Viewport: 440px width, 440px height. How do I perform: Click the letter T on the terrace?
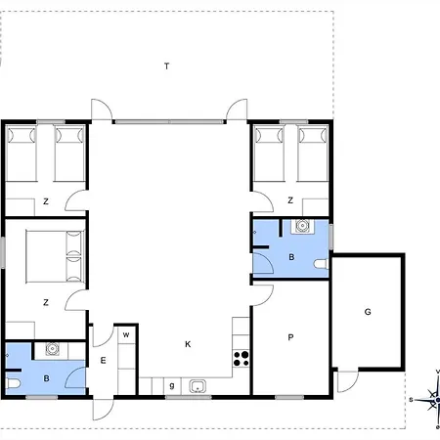point(166,66)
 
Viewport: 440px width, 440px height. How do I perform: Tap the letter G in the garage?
point(368,312)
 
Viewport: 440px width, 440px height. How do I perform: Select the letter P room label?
point(290,337)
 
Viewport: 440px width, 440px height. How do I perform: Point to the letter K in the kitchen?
point(188,344)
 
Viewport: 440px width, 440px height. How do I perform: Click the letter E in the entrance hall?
point(103,360)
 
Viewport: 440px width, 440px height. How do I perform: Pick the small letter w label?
point(126,334)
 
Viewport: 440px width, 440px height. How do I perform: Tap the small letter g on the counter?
point(172,386)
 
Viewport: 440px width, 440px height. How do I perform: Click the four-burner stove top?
point(242,359)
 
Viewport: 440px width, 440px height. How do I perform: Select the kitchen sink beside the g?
point(198,386)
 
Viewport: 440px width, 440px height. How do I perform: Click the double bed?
point(56,256)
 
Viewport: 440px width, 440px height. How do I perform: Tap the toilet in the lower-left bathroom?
point(14,383)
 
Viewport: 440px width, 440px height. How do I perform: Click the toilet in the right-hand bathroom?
point(322,264)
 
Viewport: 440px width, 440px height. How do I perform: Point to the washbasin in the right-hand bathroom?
point(303,226)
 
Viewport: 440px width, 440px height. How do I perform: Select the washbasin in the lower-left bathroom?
point(52,349)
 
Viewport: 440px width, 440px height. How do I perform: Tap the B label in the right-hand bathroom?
point(291,257)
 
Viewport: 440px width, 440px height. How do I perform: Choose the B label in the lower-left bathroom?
point(46,378)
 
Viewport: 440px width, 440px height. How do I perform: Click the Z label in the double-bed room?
point(46,302)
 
